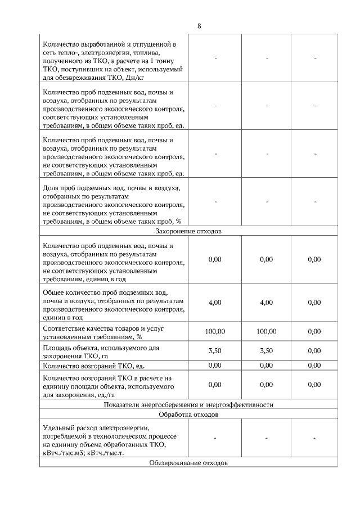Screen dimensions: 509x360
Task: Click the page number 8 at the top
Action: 200,26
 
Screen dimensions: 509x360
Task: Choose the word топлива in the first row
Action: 147,52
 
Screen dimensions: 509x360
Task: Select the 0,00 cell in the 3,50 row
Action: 314,351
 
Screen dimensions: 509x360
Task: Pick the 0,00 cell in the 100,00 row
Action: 314,332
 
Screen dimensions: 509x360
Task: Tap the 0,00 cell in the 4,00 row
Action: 314,302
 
